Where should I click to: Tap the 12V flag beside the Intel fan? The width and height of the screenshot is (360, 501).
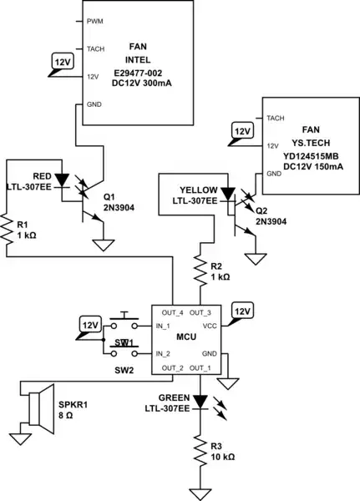(62, 63)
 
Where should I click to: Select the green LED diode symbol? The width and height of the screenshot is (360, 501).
(200, 401)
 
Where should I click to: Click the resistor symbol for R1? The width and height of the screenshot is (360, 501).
(8, 225)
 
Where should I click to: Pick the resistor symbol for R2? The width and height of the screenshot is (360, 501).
(200, 269)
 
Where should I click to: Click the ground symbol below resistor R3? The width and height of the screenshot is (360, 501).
(200, 492)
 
